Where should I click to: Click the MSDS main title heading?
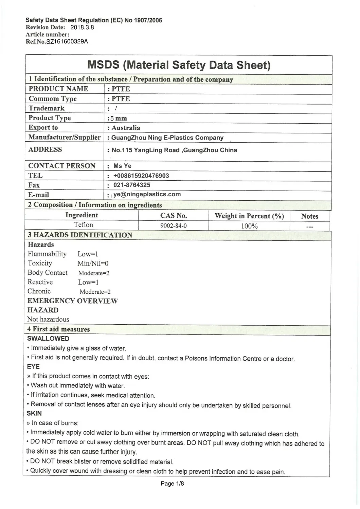[179, 65]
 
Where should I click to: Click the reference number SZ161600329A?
[67, 42]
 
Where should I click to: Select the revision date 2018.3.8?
[82, 28]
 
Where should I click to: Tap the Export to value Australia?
[126, 128]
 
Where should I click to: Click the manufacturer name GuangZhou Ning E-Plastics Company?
[167, 138]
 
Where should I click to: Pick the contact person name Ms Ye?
[122, 166]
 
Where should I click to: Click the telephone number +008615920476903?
[141, 176]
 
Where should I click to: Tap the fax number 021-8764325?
[132, 185]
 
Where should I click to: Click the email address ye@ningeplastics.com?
[147, 195]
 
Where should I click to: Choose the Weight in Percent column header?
[249, 216]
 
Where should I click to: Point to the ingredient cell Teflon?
[84, 225]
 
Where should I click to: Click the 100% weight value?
[249, 226]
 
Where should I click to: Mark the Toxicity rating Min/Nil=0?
[93, 263]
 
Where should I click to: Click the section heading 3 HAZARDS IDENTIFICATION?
[80, 235]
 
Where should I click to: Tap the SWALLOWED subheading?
[48, 339]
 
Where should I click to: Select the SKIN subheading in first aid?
[34, 414]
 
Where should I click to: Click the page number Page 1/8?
[172, 484]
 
